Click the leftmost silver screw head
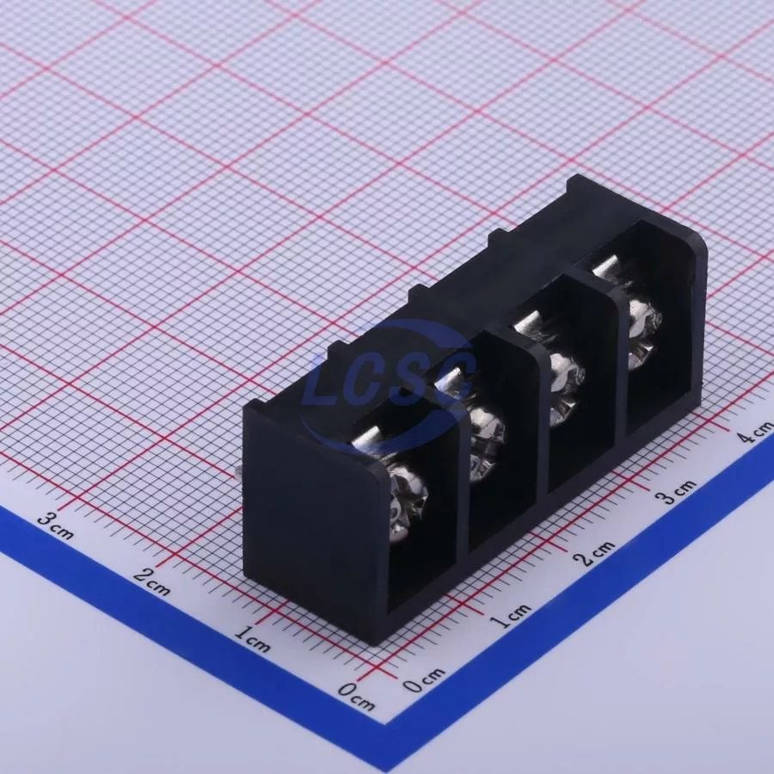click(408, 502)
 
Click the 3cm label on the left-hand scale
click(56, 525)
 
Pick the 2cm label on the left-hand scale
click(152, 581)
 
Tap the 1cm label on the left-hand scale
click(252, 638)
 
